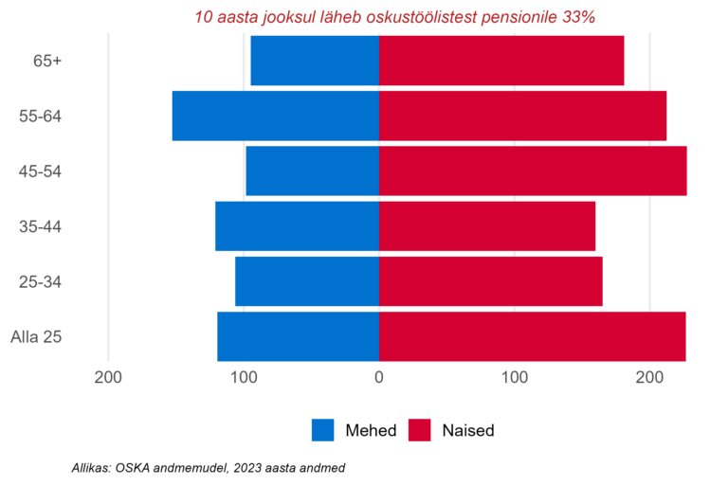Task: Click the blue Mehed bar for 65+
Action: click(x=314, y=61)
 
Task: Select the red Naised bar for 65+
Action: click(x=501, y=61)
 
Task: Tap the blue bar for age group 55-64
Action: click(x=275, y=116)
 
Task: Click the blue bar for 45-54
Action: click(x=312, y=171)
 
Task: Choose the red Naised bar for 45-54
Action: click(x=533, y=171)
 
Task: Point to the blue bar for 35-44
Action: click(x=297, y=226)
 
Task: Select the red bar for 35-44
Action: click(x=487, y=226)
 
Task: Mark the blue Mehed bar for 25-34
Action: click(x=306, y=281)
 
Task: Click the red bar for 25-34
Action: click(x=490, y=281)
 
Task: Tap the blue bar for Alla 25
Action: click(x=298, y=337)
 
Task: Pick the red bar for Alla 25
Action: click(x=532, y=337)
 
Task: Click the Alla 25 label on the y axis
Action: click(x=37, y=337)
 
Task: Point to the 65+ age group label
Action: click(x=47, y=61)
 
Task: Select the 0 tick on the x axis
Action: click(x=379, y=379)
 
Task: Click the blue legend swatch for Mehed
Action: click(x=323, y=430)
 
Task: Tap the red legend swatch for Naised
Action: click(x=420, y=430)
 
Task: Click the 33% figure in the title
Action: click(x=578, y=17)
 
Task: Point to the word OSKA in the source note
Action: click(x=135, y=468)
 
